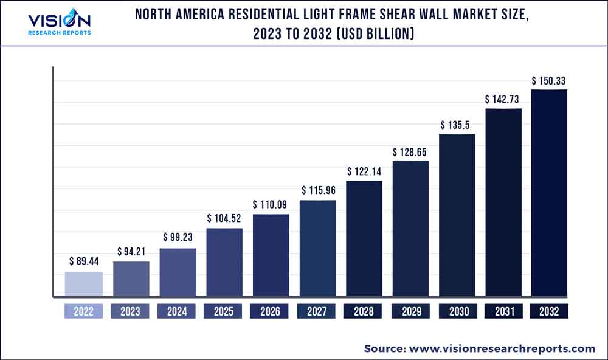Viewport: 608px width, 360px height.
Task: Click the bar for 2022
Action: point(83,284)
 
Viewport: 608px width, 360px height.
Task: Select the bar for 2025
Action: point(224,262)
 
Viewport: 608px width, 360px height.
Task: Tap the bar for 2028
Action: point(364,238)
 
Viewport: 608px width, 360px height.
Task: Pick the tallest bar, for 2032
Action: point(549,193)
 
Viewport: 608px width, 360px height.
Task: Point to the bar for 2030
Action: point(457,215)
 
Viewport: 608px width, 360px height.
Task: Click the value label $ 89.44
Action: point(83,261)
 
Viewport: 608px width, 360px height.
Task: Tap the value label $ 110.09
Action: point(271,204)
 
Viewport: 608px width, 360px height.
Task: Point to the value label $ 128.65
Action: point(410,150)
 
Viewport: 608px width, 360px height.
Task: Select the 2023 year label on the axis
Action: point(130,311)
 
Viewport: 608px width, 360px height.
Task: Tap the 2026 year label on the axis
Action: point(271,311)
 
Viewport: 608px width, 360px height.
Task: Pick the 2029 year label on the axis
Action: point(410,311)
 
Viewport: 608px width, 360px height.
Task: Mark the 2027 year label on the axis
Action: point(317,311)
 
